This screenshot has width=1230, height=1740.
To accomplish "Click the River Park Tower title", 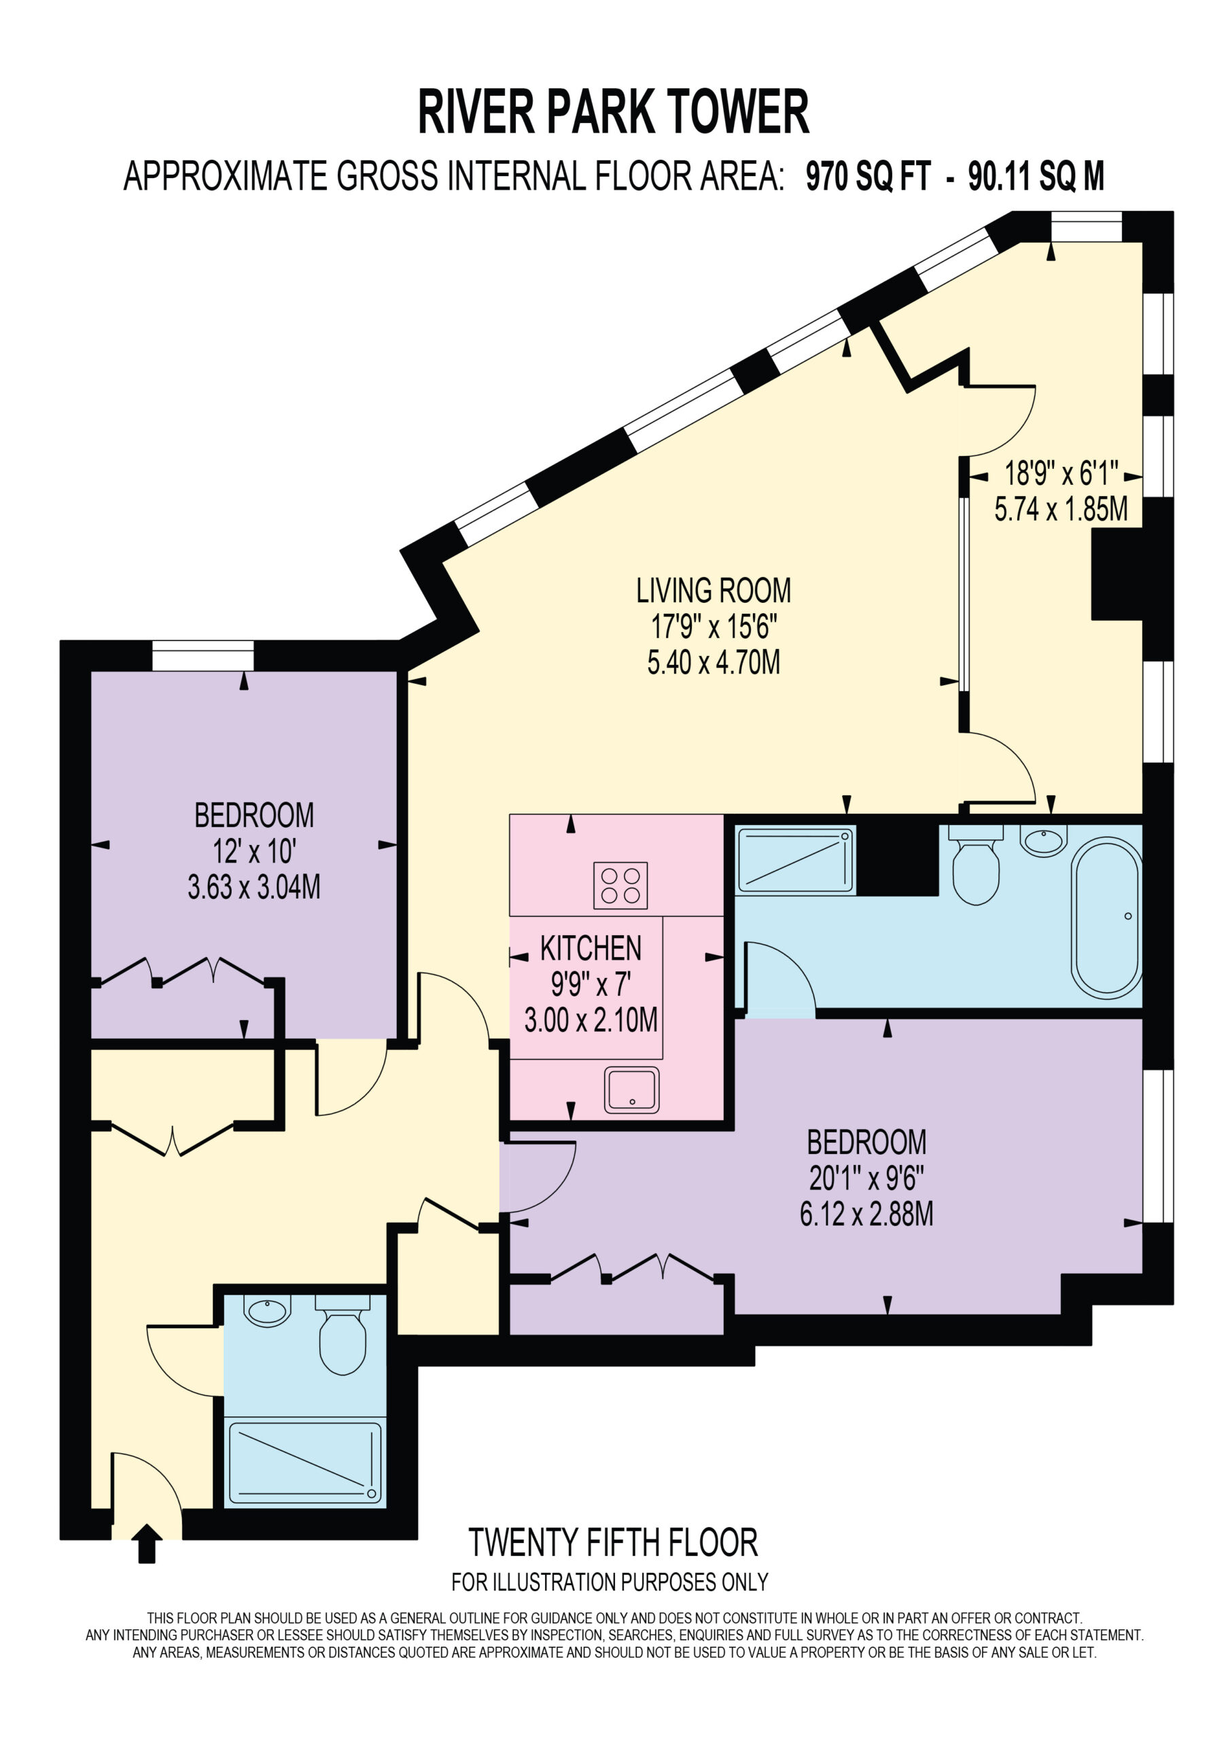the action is point(614,112).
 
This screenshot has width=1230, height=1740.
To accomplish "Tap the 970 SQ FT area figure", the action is point(868,177).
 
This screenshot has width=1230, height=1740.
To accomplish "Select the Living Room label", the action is point(713,591).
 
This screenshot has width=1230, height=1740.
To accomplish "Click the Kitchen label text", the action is point(591,948).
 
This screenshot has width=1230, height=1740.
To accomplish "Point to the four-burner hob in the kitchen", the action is point(620,885).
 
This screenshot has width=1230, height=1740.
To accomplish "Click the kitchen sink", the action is point(632,1090).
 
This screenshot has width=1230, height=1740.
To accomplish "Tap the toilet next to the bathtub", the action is point(976,865).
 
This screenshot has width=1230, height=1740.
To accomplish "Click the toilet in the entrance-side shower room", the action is point(342,1334).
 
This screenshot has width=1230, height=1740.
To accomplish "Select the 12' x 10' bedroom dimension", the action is point(254,852).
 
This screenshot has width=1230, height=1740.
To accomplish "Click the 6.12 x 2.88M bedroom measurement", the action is point(866,1215).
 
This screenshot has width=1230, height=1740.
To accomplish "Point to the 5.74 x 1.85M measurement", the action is point(1061,509).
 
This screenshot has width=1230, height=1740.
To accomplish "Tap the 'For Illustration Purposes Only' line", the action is point(610,1582).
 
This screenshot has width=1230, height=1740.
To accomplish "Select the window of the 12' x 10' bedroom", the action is point(203,655).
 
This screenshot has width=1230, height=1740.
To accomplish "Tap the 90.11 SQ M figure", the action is point(1036,177).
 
